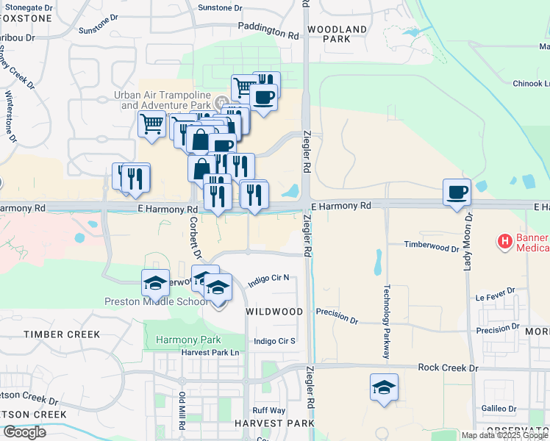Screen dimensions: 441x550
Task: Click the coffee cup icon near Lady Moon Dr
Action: click(457, 193)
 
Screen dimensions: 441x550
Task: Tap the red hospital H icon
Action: click(505, 240)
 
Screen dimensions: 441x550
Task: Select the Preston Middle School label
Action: click(156, 301)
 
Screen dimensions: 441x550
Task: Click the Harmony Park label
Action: click(188, 340)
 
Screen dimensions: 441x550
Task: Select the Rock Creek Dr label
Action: click(447, 367)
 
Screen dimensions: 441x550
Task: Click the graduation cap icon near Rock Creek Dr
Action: click(384, 387)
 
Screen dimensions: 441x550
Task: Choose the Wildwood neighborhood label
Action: click(274, 312)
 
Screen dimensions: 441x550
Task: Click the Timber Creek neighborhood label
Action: click(62, 334)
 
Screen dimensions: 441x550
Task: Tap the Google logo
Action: click(25, 431)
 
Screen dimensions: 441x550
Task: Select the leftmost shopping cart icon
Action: click(151, 123)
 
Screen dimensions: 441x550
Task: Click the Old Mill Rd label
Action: click(182, 412)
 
